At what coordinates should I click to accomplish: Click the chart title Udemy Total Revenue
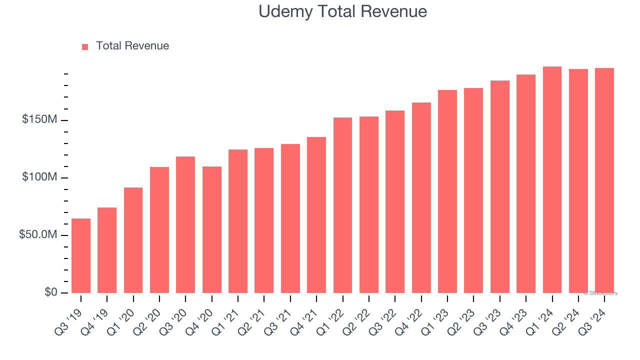click(342, 11)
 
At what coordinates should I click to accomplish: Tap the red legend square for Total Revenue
click(85, 46)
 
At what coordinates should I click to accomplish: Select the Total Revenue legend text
click(132, 46)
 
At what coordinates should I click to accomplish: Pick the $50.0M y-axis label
click(38, 235)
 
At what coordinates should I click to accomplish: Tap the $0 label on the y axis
click(50, 292)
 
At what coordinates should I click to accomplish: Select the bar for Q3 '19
click(81, 255)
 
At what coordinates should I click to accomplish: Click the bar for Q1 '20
click(133, 240)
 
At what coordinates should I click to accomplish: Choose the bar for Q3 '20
click(185, 224)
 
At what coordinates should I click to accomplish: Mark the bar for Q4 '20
click(212, 229)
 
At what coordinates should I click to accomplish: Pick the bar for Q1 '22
click(342, 205)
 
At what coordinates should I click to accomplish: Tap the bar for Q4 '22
click(421, 197)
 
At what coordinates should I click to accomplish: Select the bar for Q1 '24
click(552, 179)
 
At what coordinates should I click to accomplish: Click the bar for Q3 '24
click(604, 180)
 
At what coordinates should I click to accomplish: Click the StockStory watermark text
click(600, 293)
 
